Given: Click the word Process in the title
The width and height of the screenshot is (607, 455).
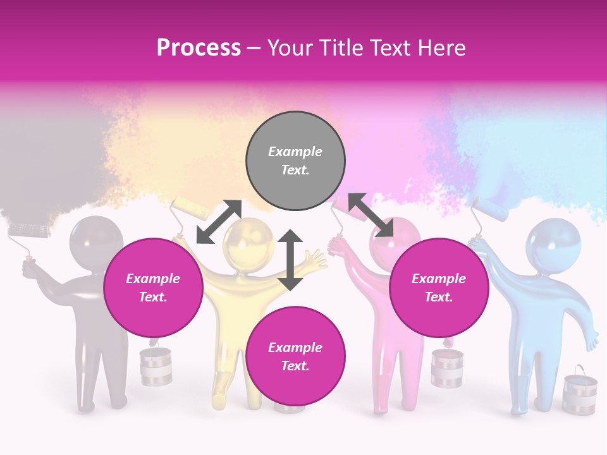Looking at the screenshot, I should [x=199, y=48].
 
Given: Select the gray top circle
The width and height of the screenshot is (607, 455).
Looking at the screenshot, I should [x=295, y=161].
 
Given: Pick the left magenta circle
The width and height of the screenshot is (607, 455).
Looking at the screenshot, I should [x=153, y=288].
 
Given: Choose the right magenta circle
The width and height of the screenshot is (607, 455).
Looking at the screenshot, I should [x=438, y=288].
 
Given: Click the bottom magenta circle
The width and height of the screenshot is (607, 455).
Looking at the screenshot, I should [x=295, y=356].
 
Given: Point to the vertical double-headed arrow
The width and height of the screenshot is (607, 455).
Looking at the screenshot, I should [x=290, y=259].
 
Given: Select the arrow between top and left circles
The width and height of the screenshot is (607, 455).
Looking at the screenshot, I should [x=219, y=222].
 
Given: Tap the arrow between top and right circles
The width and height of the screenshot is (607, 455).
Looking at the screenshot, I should [x=371, y=215].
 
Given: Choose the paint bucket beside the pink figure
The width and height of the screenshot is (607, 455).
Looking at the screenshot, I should [x=447, y=368].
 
